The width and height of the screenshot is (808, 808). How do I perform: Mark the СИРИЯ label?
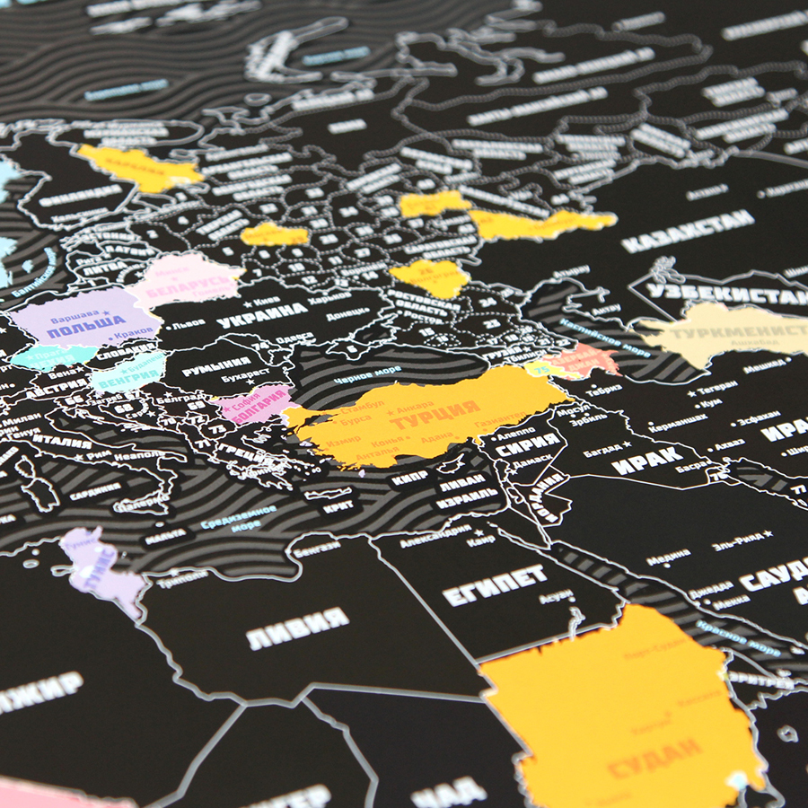[x=527, y=443]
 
